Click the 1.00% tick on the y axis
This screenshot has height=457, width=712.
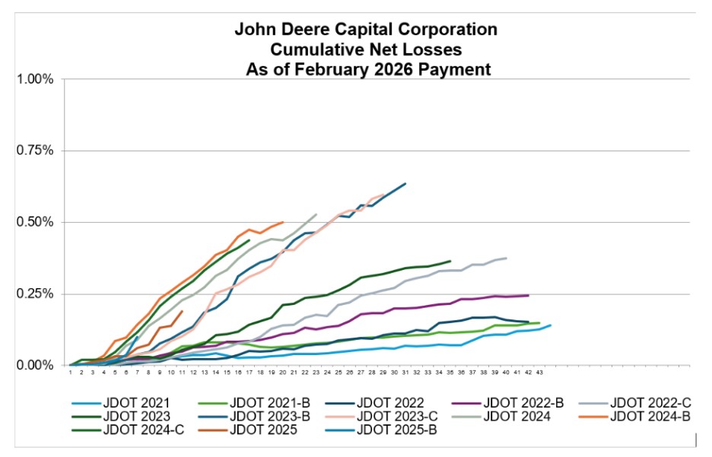pos(35,79)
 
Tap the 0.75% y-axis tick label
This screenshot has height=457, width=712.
pos(35,151)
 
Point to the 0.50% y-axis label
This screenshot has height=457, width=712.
pos(35,222)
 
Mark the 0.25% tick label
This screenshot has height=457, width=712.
pos(35,294)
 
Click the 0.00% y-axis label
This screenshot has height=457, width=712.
pos(35,365)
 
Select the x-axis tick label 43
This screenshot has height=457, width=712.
pos(539,373)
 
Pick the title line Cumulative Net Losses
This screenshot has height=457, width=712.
pos(366,49)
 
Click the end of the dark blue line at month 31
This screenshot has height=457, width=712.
pos(405,183)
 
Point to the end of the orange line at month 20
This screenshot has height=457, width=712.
pos(283,222)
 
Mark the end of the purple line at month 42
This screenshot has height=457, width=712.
pos(528,295)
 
